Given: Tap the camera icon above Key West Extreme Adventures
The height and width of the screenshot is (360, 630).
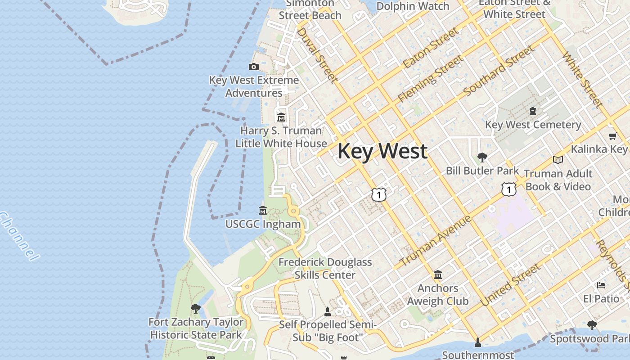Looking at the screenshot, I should point(254,67).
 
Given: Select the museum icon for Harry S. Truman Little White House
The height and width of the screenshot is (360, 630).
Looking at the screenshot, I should point(281,117).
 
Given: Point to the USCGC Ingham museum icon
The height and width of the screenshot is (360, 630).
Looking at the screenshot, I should point(263,210).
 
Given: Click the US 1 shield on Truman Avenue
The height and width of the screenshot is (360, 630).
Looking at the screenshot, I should point(508,189).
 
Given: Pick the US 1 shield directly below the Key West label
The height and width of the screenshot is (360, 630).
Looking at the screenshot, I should point(379,194).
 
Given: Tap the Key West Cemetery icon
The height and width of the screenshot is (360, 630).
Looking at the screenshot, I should point(533,111).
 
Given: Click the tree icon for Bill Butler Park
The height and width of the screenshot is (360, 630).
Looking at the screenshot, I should point(482,157).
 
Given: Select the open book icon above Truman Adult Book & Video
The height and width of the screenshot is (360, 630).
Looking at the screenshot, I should point(558,160).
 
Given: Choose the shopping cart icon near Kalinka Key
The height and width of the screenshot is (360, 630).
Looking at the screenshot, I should point(612,136).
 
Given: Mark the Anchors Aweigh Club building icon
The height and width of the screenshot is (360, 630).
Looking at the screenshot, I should point(437,274).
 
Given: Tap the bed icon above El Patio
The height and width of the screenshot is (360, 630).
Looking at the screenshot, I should point(601,285).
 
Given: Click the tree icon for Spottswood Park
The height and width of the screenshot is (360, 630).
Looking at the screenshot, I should point(592,325).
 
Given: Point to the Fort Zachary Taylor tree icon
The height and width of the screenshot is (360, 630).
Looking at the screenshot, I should point(195,309).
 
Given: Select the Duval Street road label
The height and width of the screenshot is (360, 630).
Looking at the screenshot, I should point(317,55).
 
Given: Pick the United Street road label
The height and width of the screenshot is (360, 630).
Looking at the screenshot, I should point(510,285).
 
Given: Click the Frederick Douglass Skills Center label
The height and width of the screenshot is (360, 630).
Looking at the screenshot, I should point(325,268).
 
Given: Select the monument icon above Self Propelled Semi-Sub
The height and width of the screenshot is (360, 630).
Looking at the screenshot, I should point(328,311).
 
